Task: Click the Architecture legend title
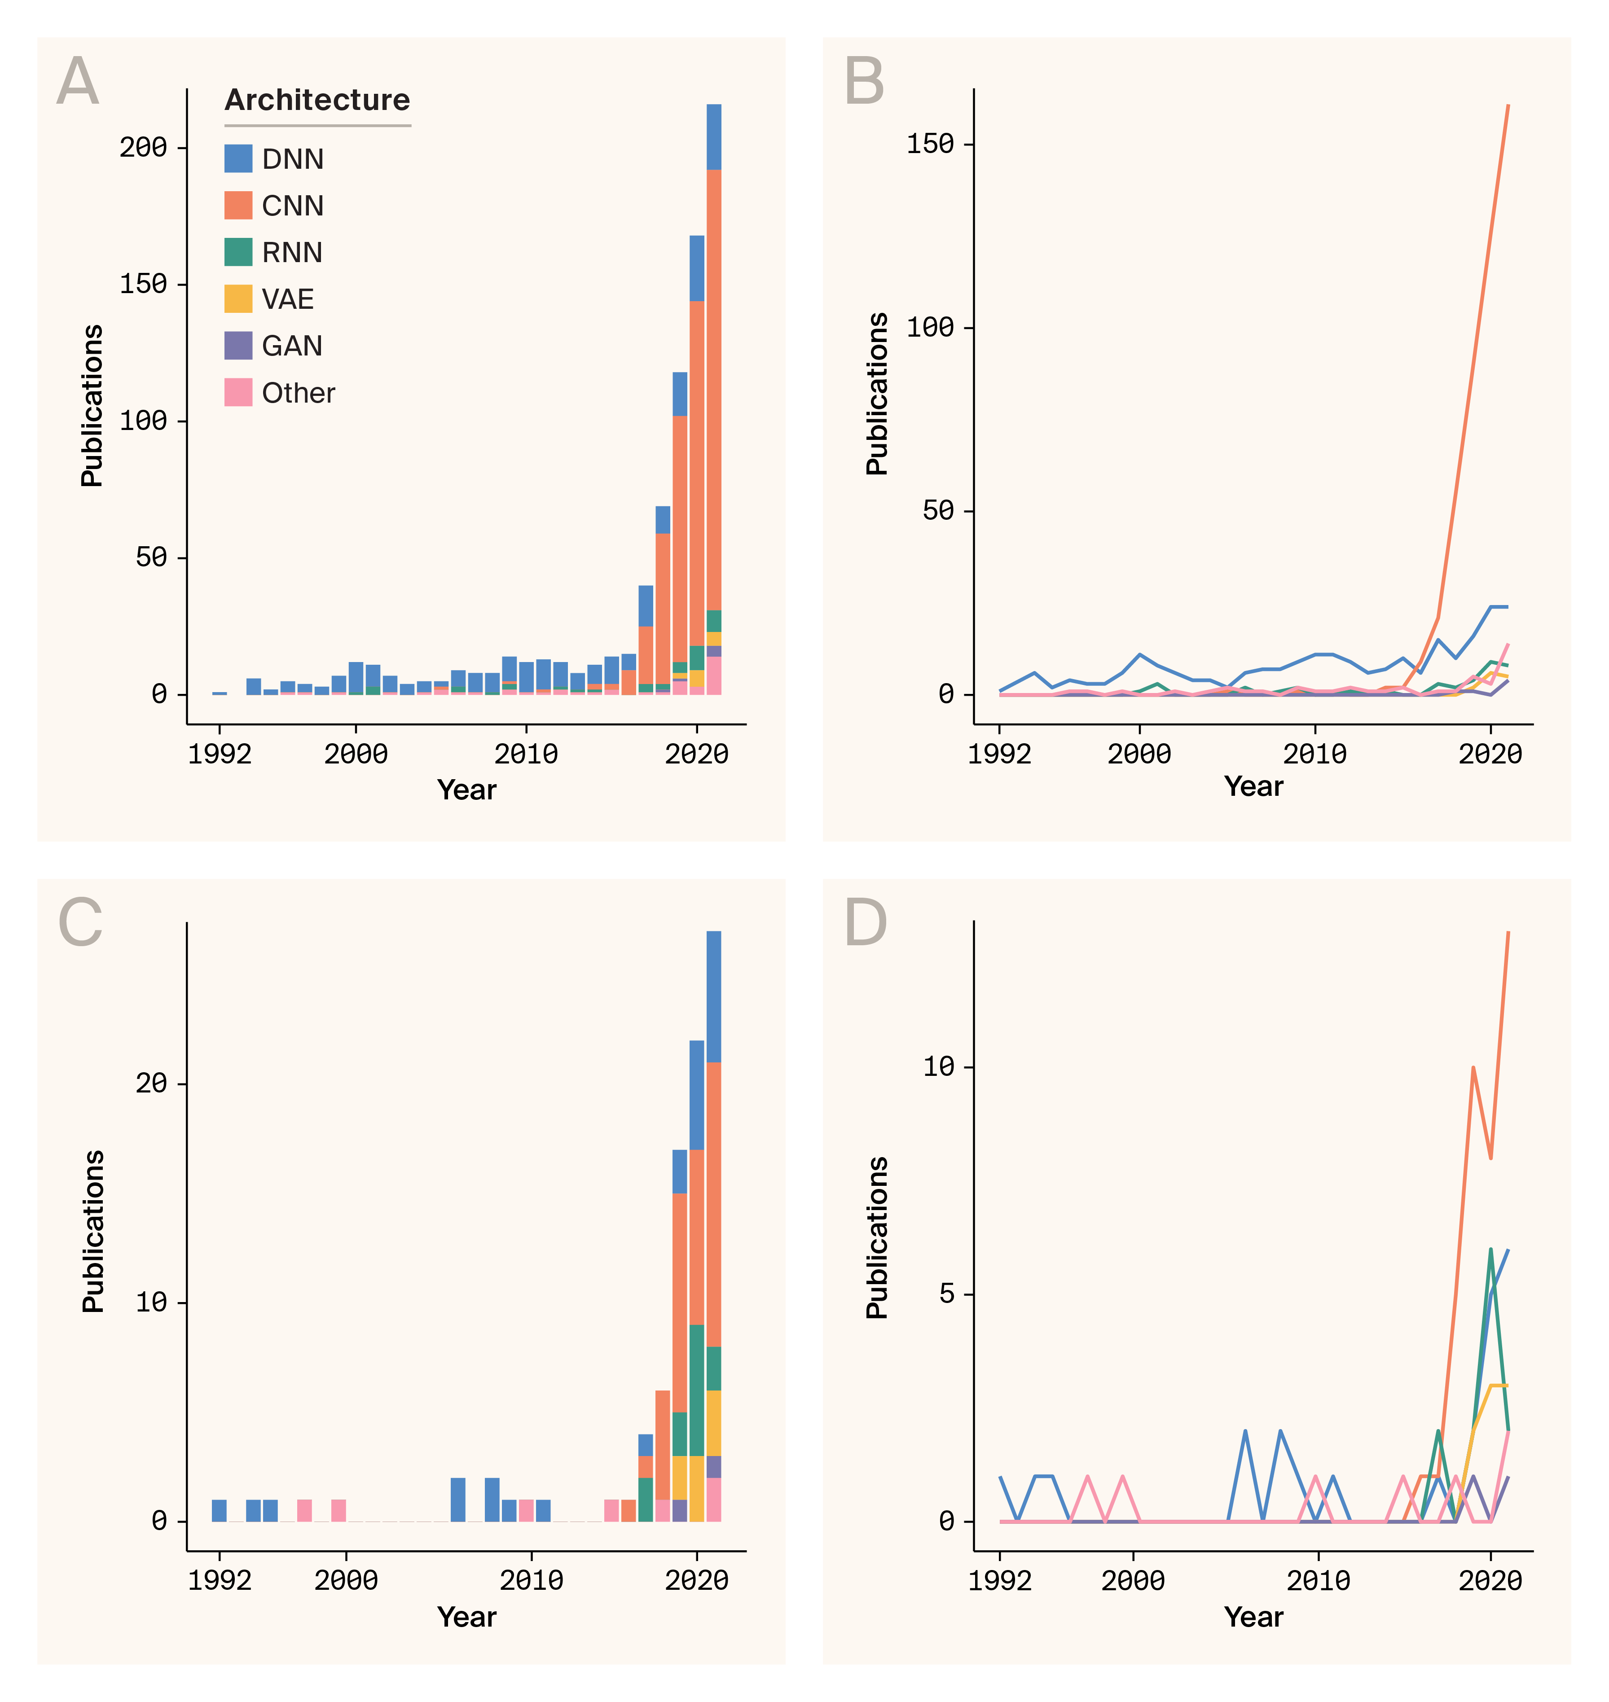click(317, 101)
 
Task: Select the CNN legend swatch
click(238, 206)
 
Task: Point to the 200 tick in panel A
click(143, 148)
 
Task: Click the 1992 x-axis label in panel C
click(220, 1580)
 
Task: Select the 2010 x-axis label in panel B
click(1314, 754)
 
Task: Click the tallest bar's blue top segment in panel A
click(713, 137)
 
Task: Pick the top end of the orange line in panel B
click(1508, 106)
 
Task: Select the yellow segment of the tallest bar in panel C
click(713, 1423)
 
